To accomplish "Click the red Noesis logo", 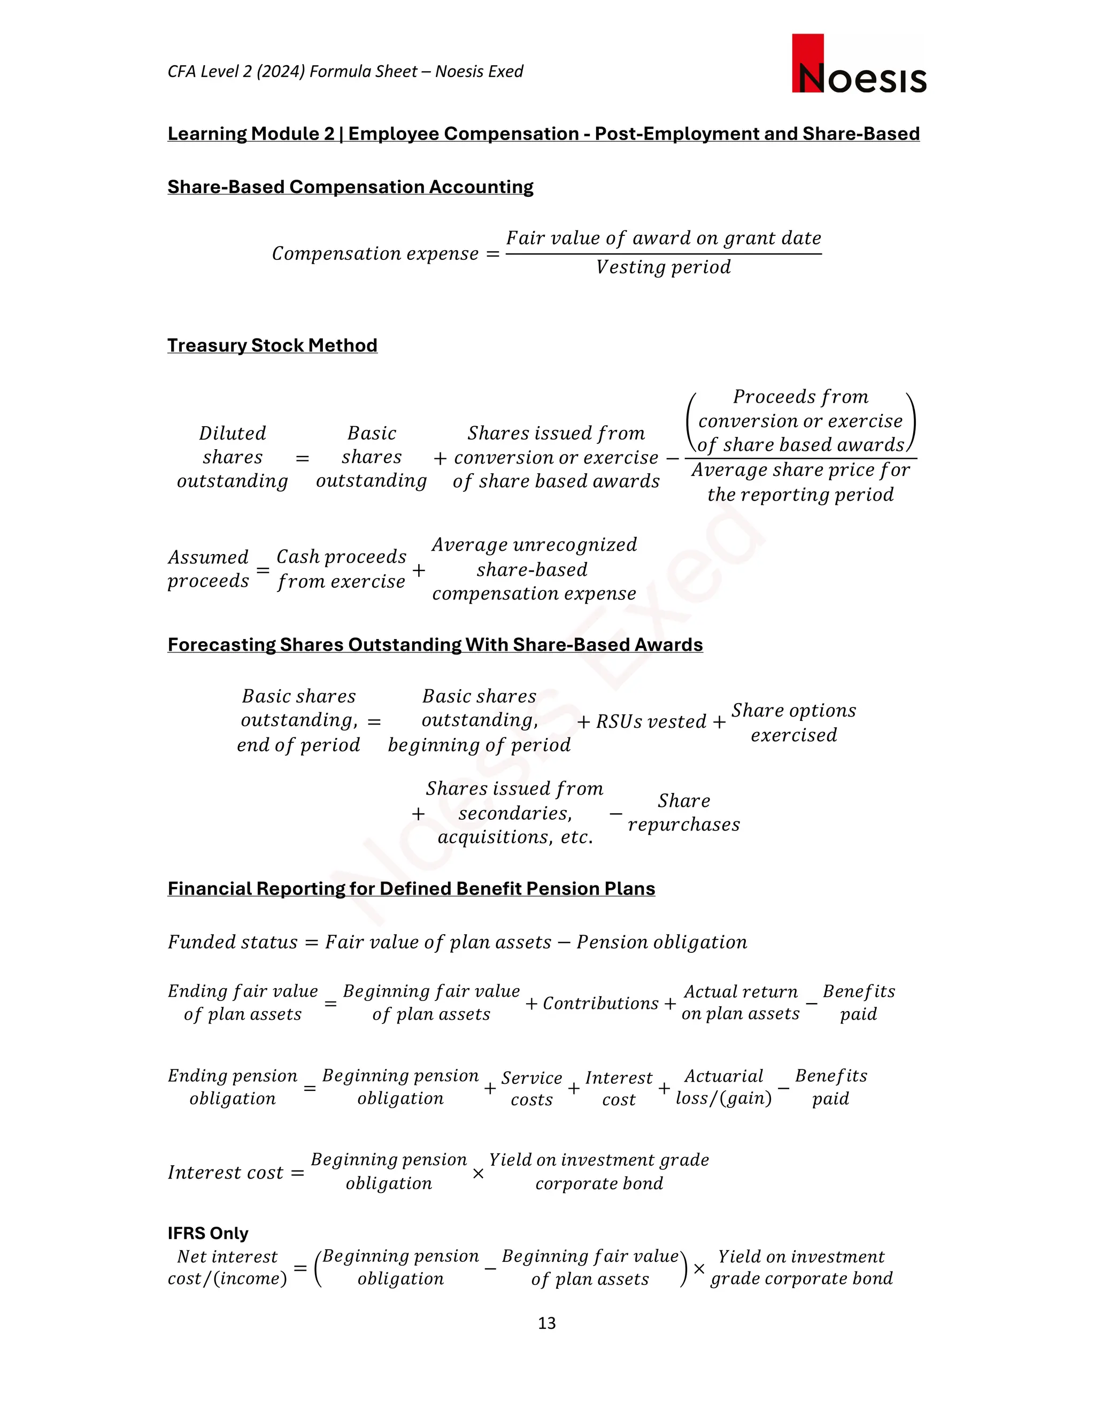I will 858,64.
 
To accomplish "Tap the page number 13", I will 546,1323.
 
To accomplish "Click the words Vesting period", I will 663,267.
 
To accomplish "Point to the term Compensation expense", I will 375,253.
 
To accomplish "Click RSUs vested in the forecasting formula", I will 651,721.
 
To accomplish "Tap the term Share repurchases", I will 683,812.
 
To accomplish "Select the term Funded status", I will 232,942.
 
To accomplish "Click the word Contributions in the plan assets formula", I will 600,1003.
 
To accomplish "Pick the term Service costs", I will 531,1088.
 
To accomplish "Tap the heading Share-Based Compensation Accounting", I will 350,187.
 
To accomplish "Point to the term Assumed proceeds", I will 208,569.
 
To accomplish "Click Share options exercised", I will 793,722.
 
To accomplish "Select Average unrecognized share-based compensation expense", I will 534,569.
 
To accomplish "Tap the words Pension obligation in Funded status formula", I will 662,942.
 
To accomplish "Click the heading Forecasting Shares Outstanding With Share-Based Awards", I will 435,644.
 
